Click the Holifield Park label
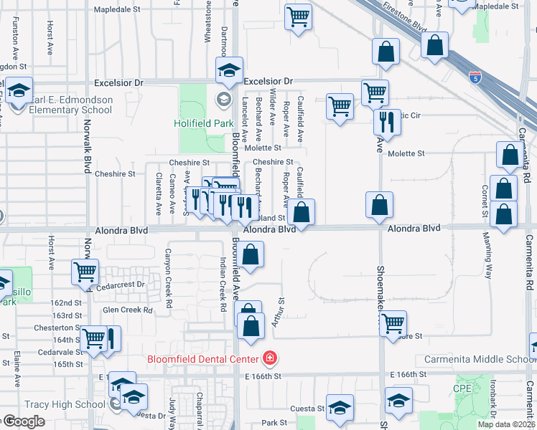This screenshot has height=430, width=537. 204,123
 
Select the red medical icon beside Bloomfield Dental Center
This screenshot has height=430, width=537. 269,357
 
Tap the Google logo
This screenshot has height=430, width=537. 24,421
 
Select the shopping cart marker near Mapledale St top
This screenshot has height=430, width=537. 298,16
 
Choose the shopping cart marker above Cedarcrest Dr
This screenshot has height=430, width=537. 85,272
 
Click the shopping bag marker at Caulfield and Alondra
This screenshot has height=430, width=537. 302,211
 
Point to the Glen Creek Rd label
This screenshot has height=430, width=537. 128,310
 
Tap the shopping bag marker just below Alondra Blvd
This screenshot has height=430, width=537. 251,254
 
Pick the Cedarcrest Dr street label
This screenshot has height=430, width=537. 118,285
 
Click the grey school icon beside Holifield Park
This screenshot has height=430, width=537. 223,99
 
